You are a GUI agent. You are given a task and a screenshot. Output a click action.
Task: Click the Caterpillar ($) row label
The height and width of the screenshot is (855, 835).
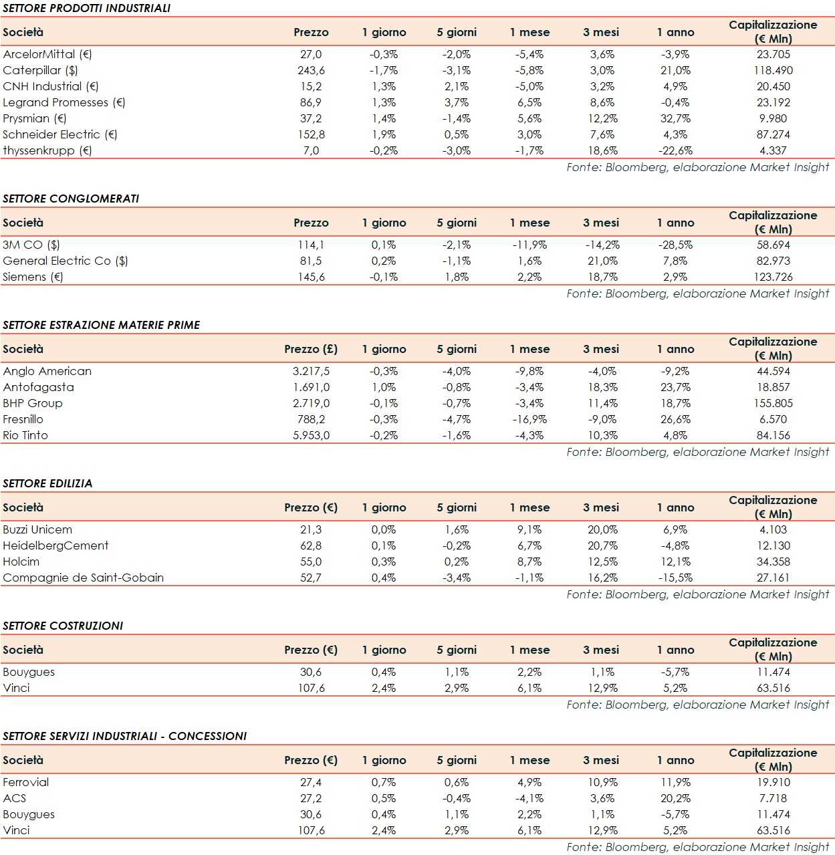[x=40, y=70]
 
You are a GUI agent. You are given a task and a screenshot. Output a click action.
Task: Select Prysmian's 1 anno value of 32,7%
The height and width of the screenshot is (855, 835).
[x=675, y=118]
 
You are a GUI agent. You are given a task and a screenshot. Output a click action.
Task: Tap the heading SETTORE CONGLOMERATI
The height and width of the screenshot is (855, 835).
[x=71, y=199]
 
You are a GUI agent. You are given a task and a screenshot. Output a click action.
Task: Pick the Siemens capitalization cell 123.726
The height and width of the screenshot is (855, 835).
[x=773, y=277]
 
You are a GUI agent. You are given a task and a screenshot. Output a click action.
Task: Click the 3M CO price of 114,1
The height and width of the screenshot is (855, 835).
[x=311, y=245]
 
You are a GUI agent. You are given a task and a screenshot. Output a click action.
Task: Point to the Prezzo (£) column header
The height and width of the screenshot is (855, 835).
[x=311, y=349]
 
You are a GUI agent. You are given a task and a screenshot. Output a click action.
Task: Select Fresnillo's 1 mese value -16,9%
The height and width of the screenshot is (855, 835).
[x=529, y=419]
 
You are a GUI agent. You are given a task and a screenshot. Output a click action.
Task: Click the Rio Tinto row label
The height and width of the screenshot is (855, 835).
[x=25, y=435]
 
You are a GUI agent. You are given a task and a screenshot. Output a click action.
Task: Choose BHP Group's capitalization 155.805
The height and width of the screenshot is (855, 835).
[x=773, y=403]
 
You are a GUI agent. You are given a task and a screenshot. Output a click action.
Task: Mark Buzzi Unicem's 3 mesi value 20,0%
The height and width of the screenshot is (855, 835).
[x=602, y=529]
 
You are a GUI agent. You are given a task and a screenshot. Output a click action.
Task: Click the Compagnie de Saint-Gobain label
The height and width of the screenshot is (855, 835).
[x=83, y=578]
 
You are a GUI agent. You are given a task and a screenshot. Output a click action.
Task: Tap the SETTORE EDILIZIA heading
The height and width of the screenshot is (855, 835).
[x=47, y=483]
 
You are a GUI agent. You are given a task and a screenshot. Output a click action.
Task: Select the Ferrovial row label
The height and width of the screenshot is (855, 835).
[x=26, y=782]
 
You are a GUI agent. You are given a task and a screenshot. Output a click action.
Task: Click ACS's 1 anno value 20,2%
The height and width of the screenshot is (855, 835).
[x=675, y=798]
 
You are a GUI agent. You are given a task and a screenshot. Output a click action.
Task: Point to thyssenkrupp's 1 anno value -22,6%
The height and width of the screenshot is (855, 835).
[x=675, y=150]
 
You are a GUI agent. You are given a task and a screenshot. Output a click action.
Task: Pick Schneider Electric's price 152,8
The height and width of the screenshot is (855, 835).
[x=311, y=134]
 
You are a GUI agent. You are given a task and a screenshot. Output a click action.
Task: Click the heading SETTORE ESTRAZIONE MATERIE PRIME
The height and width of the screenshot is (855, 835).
[x=102, y=325]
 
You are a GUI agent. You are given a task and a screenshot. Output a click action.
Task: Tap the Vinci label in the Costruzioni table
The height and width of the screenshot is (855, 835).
[x=16, y=688]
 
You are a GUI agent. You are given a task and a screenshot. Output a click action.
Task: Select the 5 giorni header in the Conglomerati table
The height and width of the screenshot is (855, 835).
[x=457, y=223]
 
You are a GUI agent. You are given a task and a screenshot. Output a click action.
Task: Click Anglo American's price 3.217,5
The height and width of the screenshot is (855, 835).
[x=311, y=371]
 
